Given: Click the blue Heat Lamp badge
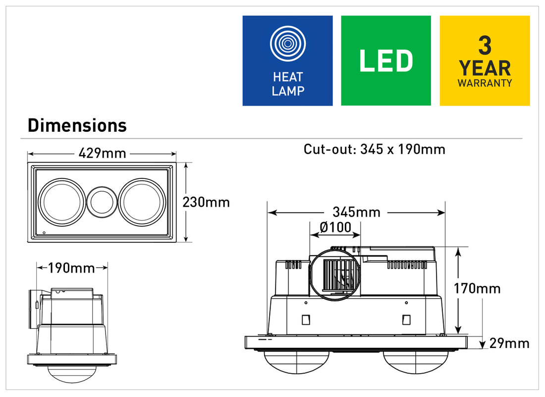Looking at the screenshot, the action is click(x=287, y=60).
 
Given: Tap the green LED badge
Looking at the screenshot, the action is click(x=386, y=60).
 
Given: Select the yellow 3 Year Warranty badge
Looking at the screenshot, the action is click(x=485, y=60).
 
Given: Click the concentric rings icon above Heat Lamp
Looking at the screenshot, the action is click(x=288, y=44).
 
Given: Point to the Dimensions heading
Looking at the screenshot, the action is click(x=77, y=125).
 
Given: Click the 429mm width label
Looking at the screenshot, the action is click(x=102, y=153).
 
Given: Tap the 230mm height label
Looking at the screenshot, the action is click(x=206, y=202).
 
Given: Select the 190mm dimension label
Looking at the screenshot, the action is click(x=71, y=268).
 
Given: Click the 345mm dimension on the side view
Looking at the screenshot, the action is click(x=356, y=212).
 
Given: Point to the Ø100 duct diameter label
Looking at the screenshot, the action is click(x=335, y=227).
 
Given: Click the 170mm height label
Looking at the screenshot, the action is click(x=477, y=288).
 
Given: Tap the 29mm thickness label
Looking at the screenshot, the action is click(x=509, y=343).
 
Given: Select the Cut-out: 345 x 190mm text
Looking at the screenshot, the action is click(x=375, y=149).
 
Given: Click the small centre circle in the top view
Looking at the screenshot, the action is click(x=102, y=202).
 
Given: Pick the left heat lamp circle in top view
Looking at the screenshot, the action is click(x=62, y=202).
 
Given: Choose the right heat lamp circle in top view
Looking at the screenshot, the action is click(x=142, y=202).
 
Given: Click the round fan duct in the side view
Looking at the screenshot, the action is click(x=335, y=275).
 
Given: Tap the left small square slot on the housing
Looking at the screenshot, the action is click(x=306, y=320).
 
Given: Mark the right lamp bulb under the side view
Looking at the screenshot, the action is click(x=415, y=362).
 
